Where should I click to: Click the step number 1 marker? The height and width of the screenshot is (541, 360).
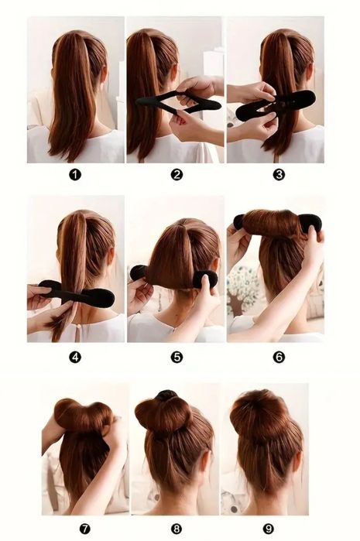click(x=75, y=175)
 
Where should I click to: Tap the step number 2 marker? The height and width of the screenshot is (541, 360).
click(x=177, y=175)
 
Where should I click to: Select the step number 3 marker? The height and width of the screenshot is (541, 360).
click(x=279, y=175)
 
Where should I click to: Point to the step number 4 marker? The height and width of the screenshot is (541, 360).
click(x=75, y=357)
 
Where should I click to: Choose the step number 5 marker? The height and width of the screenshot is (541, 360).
click(x=177, y=357)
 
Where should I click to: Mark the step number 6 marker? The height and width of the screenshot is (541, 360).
click(x=279, y=357)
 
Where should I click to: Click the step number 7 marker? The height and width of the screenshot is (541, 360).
click(x=84, y=529)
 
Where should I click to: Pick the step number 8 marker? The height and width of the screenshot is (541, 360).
click(x=177, y=529)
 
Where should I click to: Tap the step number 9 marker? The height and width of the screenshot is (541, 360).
click(x=268, y=529)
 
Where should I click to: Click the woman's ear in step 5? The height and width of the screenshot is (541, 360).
click(x=217, y=265)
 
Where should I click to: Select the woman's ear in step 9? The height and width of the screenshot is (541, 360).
click(x=297, y=461)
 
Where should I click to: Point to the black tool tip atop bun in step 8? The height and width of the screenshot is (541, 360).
click(x=166, y=395)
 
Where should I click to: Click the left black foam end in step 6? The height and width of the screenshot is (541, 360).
click(x=238, y=221)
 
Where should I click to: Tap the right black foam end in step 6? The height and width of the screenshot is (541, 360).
click(x=310, y=223)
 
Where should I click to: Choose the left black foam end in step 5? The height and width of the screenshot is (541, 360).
click(x=139, y=272)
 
